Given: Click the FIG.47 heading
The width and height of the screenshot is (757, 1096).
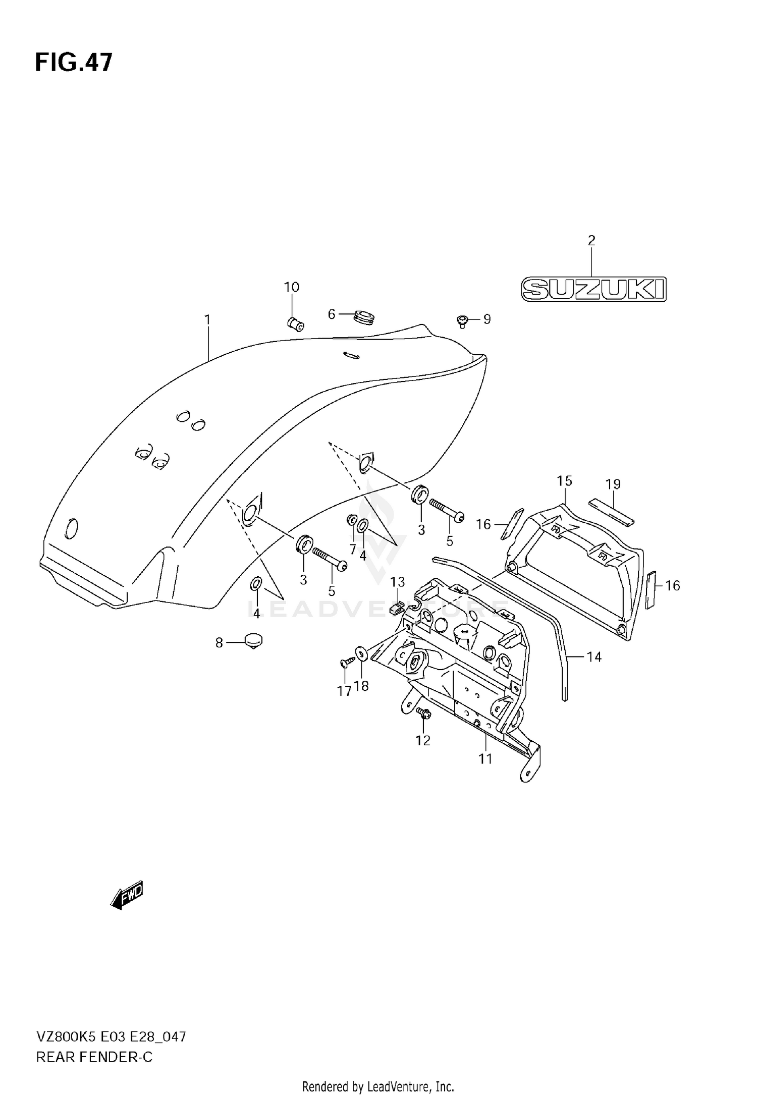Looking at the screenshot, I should (x=74, y=63).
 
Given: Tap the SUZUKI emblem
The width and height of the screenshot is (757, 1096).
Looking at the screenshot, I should (x=593, y=289).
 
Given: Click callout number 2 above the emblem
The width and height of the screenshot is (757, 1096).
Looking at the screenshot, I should (x=591, y=241).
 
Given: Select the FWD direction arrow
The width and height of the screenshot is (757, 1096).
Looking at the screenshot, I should (x=127, y=896).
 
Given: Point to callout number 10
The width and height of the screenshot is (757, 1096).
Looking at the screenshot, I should (x=292, y=288).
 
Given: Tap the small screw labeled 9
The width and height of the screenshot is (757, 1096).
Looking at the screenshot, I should (x=462, y=320).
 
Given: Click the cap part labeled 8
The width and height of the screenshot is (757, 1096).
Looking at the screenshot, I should (x=253, y=641).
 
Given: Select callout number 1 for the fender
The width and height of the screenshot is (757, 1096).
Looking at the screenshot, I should (x=207, y=320).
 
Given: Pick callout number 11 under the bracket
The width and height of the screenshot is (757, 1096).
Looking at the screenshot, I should (x=485, y=758).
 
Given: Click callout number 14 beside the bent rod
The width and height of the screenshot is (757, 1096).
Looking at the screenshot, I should (x=594, y=656).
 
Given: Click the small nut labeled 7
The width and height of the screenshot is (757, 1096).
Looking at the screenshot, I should (x=352, y=519).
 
